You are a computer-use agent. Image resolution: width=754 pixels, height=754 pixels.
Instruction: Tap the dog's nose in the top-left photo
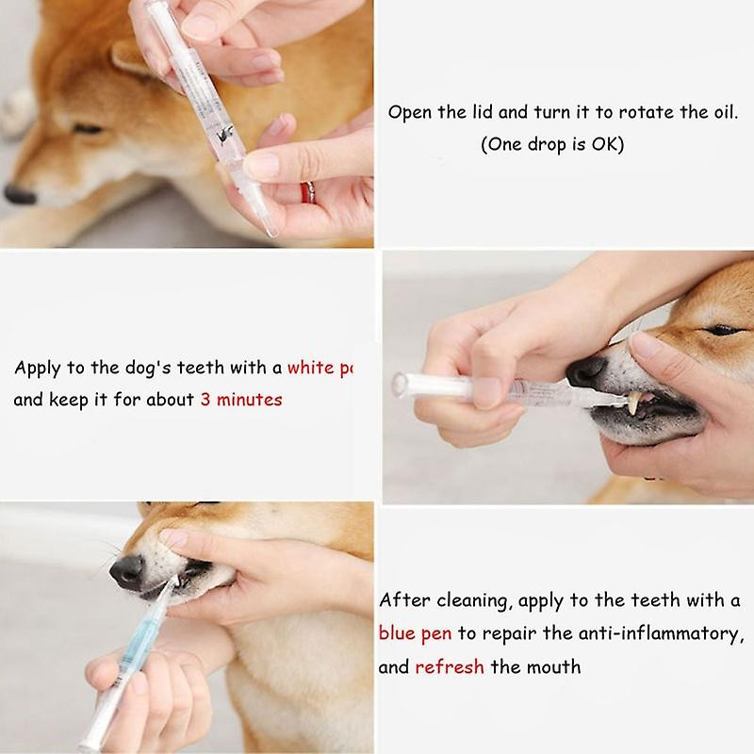(19, 195)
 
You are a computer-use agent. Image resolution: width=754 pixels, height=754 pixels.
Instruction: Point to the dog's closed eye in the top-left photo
(88, 129)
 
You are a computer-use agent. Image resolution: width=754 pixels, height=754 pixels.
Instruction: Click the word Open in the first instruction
(409, 112)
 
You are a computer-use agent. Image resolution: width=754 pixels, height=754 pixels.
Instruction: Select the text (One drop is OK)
(551, 144)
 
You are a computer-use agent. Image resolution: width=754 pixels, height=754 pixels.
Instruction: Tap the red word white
(310, 368)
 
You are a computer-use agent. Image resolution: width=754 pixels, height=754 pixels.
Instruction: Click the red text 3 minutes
(240, 400)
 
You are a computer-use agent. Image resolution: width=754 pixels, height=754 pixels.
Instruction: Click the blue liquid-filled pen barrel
(131, 641)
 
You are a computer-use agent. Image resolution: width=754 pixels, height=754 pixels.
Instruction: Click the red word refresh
(450, 667)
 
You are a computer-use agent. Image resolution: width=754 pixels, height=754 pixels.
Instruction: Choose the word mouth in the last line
(554, 667)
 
